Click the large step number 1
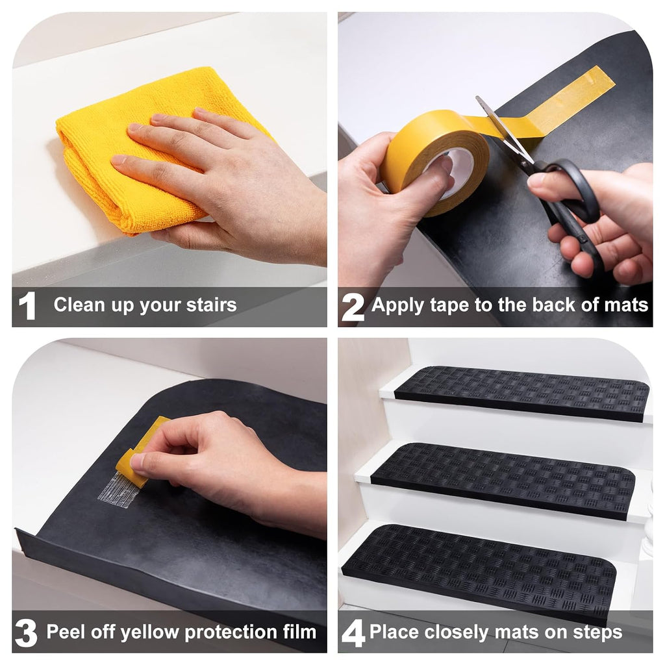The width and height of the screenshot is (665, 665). tap(27, 306)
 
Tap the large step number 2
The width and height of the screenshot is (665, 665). tap(353, 307)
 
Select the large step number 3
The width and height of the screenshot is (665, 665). tap(26, 633)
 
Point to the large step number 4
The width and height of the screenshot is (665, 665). tap(353, 633)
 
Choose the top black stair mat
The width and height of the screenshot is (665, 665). tap(521, 394)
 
